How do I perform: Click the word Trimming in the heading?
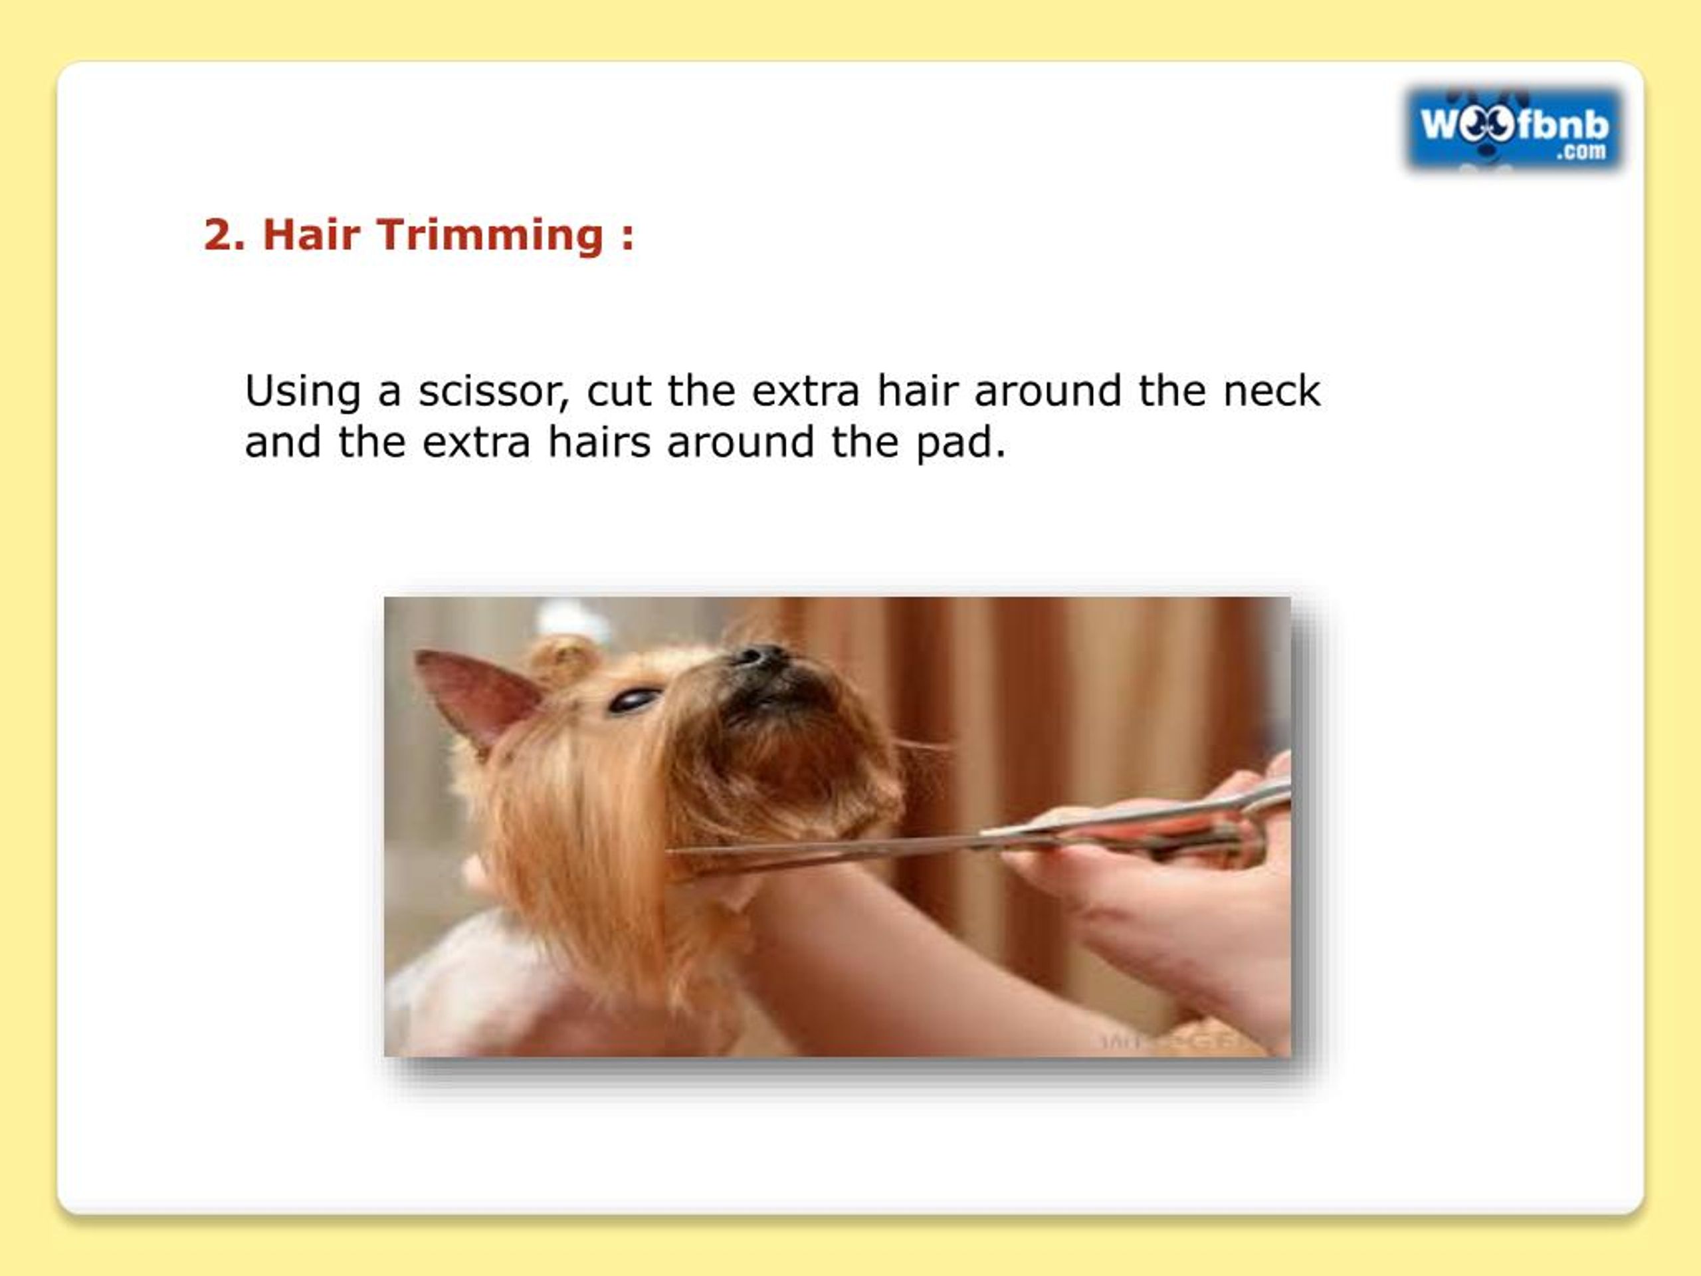[x=490, y=235]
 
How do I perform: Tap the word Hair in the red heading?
[x=312, y=235]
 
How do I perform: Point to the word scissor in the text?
[x=493, y=391]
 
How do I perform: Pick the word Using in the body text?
[x=302, y=392]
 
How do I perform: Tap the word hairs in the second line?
[x=599, y=443]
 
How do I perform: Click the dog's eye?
[x=635, y=699]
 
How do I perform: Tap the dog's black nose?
[x=761, y=656]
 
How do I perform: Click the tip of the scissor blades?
[x=670, y=851]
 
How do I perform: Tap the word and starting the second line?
[x=282, y=443]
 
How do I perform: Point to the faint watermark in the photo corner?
[x=1177, y=1041]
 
